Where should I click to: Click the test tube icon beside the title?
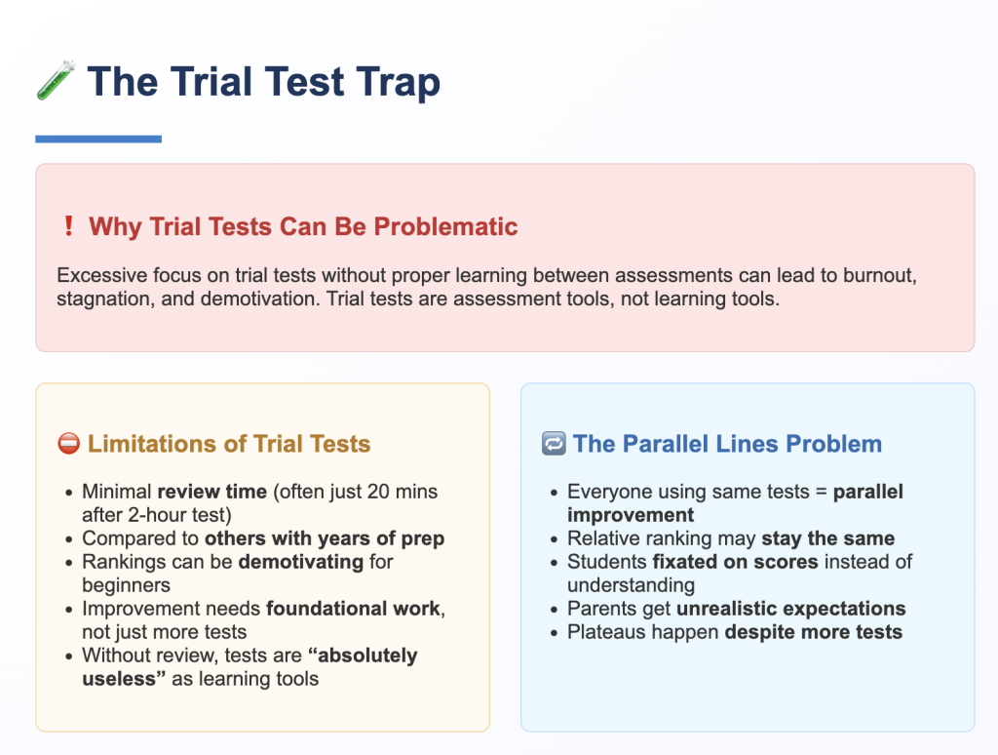(56, 80)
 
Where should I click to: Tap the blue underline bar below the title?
(98, 139)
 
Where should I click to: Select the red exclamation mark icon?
(69, 225)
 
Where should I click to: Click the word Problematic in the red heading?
(445, 227)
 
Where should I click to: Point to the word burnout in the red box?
(880, 275)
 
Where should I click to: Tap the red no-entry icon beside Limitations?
(69, 444)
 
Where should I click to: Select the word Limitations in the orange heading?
(148, 444)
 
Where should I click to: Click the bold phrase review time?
(211, 492)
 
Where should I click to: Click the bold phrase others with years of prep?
(325, 539)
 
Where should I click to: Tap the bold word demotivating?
(301, 562)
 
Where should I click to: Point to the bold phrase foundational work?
(353, 609)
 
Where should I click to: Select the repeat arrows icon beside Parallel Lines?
(554, 444)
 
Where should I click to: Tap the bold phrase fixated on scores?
(735, 562)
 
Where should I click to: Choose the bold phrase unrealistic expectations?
(790, 609)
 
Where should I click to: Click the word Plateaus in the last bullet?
(608, 632)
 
